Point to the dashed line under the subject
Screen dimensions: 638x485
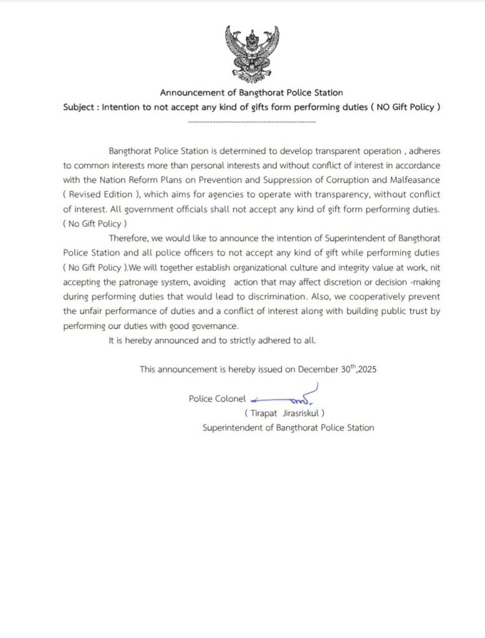(x=251, y=121)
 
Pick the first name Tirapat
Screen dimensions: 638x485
(x=263, y=413)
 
